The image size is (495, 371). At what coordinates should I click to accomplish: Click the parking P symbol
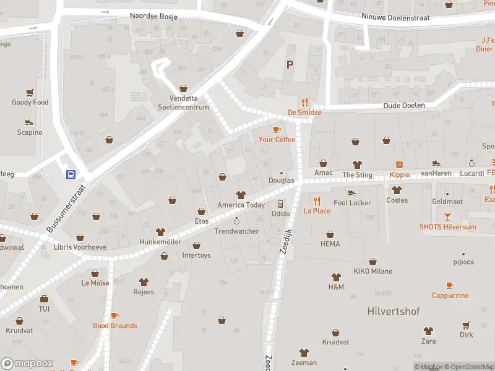coord(289,64)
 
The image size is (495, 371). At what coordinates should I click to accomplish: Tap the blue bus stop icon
coord(71,174)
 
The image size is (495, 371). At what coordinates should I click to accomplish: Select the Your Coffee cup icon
coord(277,129)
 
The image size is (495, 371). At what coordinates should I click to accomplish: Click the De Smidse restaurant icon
coord(304,103)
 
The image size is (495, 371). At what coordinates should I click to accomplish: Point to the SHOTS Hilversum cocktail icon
coord(447,216)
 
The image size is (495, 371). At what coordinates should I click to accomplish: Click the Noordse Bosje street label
coord(153,17)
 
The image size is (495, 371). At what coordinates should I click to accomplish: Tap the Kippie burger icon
coord(400,164)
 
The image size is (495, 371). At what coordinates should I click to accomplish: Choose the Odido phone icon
coord(280,203)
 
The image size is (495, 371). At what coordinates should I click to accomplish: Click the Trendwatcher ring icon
coord(236,221)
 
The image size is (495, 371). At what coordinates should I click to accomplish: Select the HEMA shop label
coord(330,244)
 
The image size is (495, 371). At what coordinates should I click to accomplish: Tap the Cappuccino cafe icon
coord(450,285)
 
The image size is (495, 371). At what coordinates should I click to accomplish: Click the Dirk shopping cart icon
coord(466,325)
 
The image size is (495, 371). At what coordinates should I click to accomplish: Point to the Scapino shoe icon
coord(29,122)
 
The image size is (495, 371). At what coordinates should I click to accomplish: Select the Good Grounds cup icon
coord(114,315)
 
